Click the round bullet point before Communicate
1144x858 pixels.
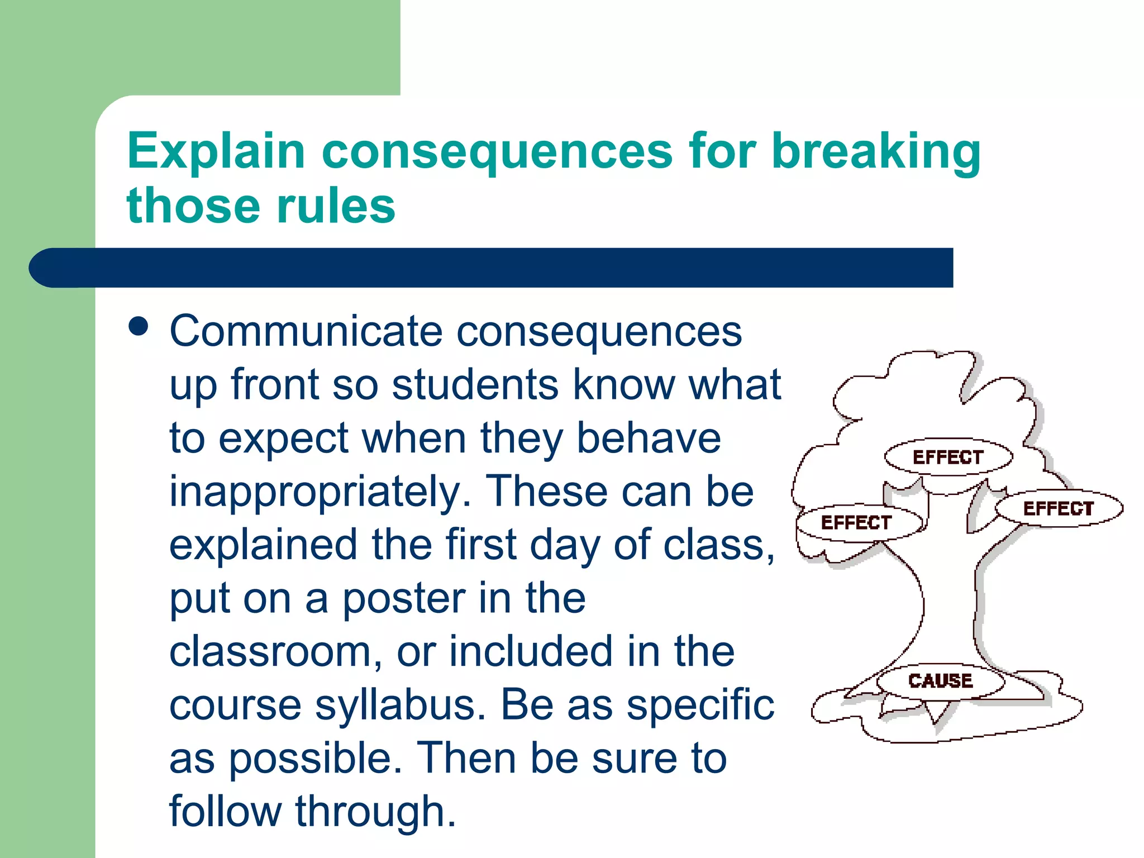click(x=138, y=326)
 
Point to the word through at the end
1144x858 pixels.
click(x=375, y=811)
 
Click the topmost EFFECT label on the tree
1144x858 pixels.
click(x=948, y=457)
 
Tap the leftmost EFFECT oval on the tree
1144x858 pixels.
click(x=856, y=522)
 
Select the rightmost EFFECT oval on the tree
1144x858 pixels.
click(x=1058, y=508)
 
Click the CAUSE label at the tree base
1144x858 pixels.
click(x=940, y=680)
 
